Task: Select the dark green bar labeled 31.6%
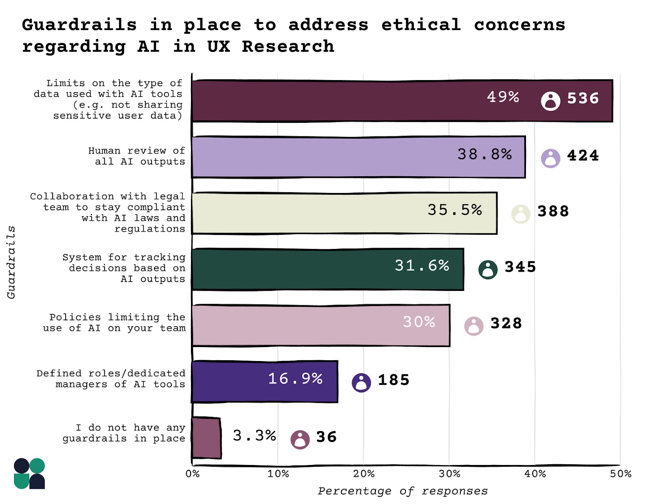point(327,269)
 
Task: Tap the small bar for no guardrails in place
point(206,438)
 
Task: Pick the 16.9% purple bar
point(264,382)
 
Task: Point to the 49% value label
point(503,97)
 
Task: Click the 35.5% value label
point(454,210)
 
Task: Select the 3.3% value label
point(254,435)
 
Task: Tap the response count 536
point(583,99)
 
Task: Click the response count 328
point(506,324)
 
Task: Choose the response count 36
point(326,437)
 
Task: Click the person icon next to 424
point(550,158)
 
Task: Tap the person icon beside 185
point(361,383)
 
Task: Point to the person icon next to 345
point(488,270)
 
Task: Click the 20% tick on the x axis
point(364,474)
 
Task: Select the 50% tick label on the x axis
point(620,474)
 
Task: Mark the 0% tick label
point(192,474)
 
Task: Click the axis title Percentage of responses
point(402,491)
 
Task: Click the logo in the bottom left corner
point(29,474)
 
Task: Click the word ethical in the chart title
point(421,25)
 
